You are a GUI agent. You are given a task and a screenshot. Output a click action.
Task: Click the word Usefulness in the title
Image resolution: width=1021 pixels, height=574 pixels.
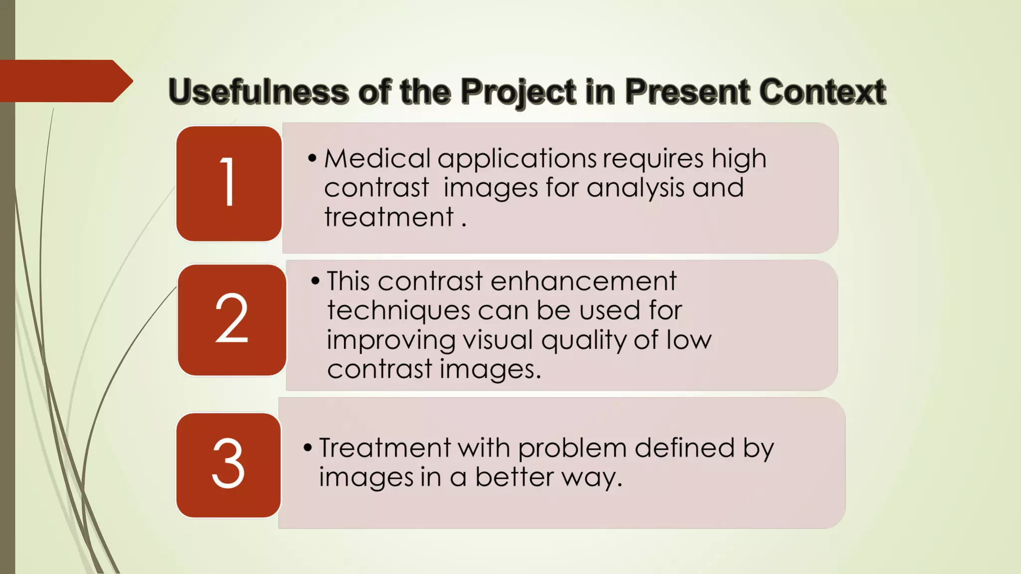click(258, 92)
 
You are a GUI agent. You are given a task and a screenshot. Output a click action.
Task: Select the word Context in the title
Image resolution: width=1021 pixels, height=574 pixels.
click(822, 92)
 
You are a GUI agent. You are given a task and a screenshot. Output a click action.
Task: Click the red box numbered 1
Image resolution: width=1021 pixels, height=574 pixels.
click(229, 183)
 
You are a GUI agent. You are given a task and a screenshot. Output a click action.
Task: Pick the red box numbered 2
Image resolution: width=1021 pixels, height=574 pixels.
click(232, 320)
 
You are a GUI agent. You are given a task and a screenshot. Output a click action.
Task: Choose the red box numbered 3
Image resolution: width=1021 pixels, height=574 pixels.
click(228, 465)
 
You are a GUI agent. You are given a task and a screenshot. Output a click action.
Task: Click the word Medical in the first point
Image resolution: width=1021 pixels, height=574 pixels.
click(377, 159)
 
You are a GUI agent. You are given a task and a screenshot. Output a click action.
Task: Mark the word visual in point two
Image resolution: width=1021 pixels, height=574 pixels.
click(498, 340)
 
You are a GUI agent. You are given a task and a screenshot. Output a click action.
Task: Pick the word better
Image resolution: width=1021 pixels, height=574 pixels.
click(514, 477)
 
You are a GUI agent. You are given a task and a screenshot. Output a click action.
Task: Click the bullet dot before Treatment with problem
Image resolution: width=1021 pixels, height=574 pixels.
click(308, 448)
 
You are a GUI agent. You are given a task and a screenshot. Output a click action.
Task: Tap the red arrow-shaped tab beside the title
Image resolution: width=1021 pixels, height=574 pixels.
click(65, 81)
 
